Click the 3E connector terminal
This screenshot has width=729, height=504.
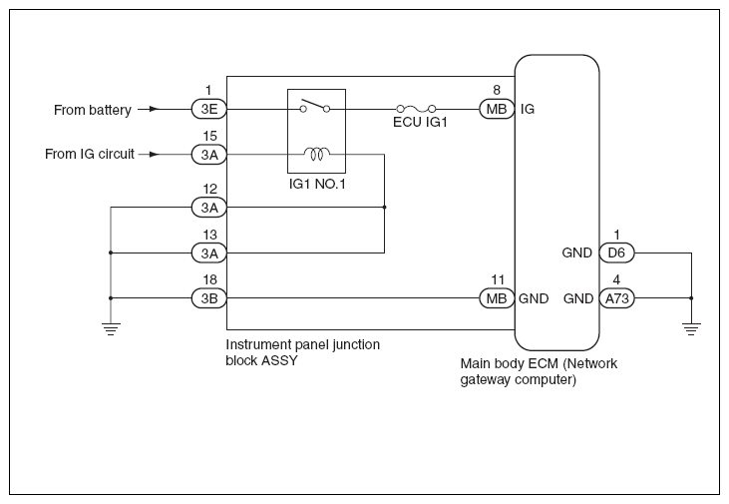pos(209,110)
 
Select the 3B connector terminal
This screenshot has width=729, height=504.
pos(209,298)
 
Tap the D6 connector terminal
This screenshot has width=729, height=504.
pos(616,252)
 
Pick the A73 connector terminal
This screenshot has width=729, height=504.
pos(616,298)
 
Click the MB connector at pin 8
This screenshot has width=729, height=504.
pos(497,110)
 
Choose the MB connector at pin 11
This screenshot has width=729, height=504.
pos(497,298)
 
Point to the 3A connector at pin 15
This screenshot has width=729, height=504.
pos(209,154)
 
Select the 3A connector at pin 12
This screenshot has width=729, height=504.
pos(209,208)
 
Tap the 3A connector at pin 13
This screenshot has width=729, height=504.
pos(209,252)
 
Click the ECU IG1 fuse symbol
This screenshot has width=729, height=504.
pos(416,110)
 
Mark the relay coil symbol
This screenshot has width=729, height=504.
pos(317,153)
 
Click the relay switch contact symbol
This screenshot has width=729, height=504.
pos(315,106)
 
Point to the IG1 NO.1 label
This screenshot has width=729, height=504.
pos(317,185)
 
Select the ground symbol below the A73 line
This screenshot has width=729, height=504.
pos(691,329)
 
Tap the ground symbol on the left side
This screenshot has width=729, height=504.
pos(111,329)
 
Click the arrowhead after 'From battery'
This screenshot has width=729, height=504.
pos(155,110)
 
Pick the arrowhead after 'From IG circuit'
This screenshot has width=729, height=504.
pos(155,154)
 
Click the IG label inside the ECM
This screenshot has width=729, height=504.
pos(528,109)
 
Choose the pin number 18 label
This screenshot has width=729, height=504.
pos(209,279)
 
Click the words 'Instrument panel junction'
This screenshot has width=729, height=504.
pos(302,345)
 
